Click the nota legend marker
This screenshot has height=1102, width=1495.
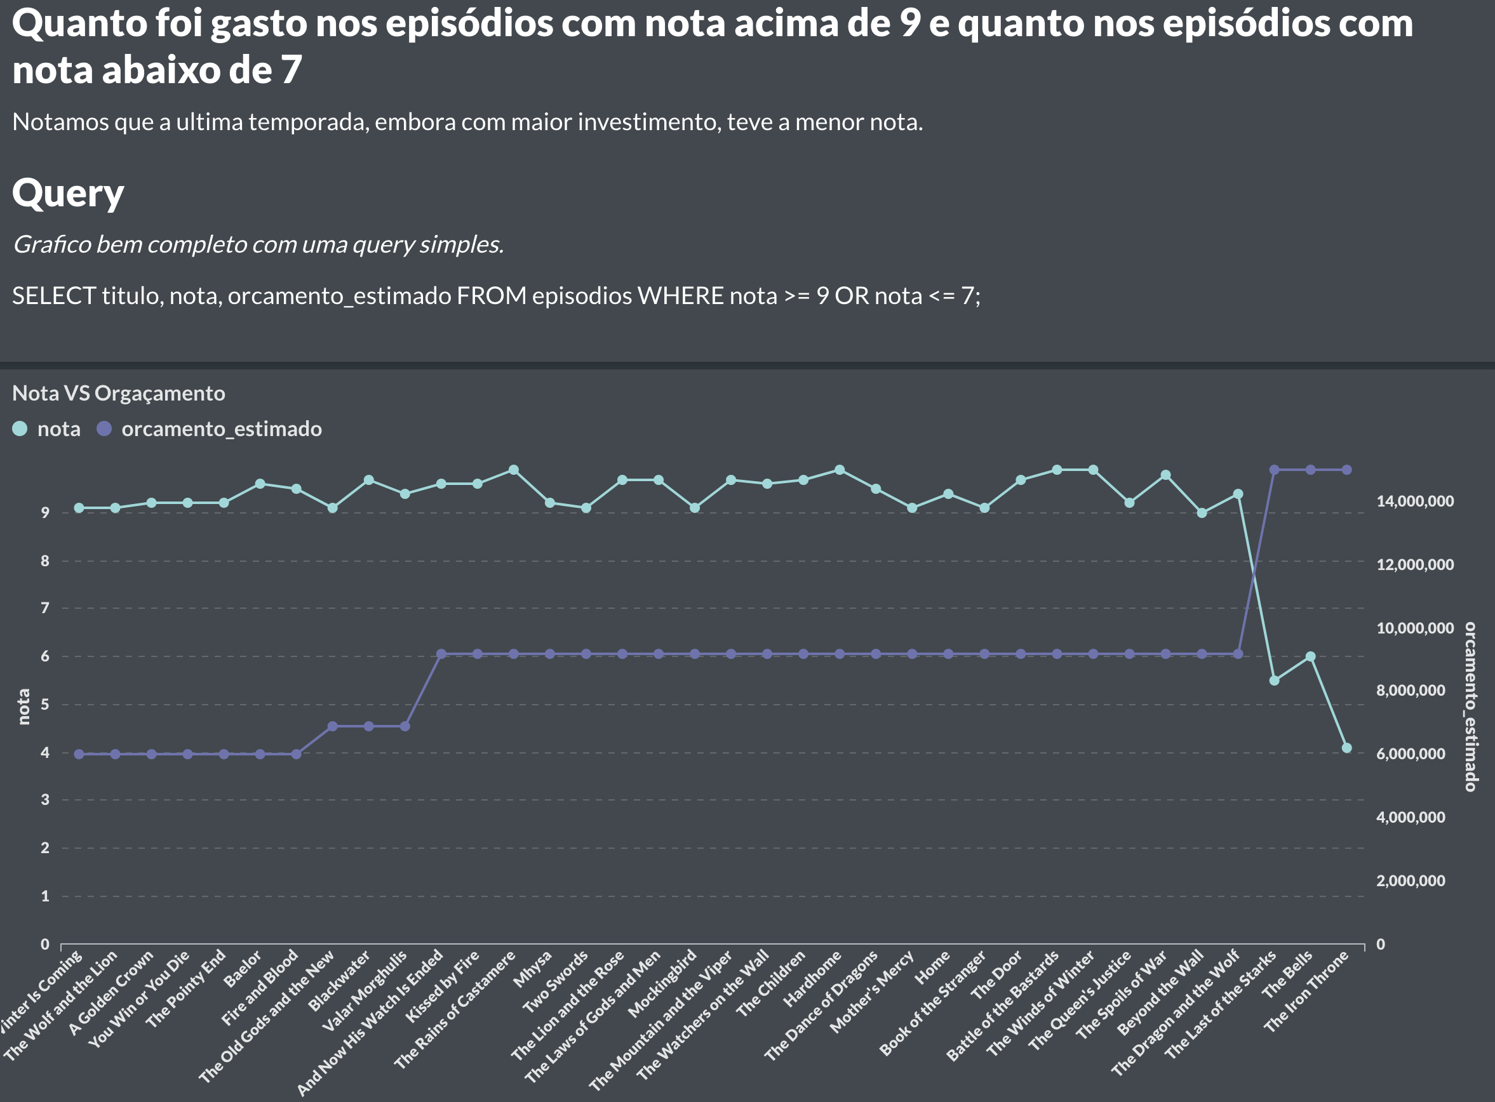pos(20,429)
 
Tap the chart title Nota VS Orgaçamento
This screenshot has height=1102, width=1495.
pos(119,393)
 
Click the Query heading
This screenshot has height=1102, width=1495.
pos(68,193)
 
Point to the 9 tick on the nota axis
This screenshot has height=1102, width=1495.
pos(44,512)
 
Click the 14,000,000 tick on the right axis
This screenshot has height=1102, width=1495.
pos(1415,501)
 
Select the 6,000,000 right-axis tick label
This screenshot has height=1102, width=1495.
pos(1411,753)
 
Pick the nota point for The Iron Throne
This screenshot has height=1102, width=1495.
pos(1347,748)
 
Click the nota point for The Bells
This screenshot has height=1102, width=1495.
pos(1310,656)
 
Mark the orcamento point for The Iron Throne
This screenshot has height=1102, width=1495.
pos(1347,470)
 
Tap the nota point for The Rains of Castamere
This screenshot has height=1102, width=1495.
pos(513,470)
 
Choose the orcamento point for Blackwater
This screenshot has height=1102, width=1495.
pos(368,726)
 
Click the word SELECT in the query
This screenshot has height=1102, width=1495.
pos(54,296)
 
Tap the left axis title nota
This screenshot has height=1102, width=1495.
pos(23,707)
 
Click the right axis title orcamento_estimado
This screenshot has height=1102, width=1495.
pos(1470,707)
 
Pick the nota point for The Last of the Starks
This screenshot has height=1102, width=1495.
pos(1274,680)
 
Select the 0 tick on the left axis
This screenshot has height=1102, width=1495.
pos(44,944)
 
